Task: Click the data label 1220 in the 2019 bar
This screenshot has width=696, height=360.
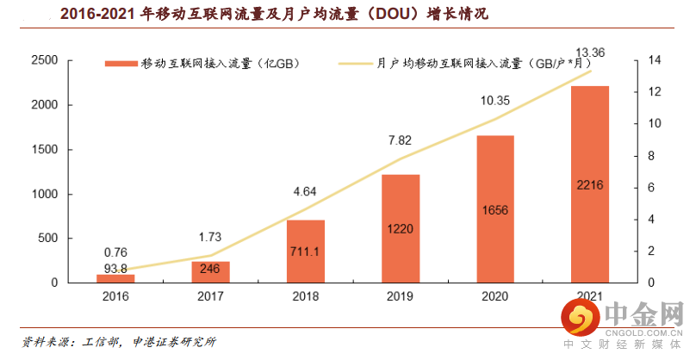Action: (400, 229)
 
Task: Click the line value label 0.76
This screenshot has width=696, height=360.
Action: (116, 252)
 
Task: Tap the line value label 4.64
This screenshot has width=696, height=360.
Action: (306, 190)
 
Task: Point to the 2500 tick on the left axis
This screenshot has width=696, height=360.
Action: (45, 60)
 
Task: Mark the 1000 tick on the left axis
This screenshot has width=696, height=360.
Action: (45, 194)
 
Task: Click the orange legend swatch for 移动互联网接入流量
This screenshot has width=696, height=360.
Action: (121, 64)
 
